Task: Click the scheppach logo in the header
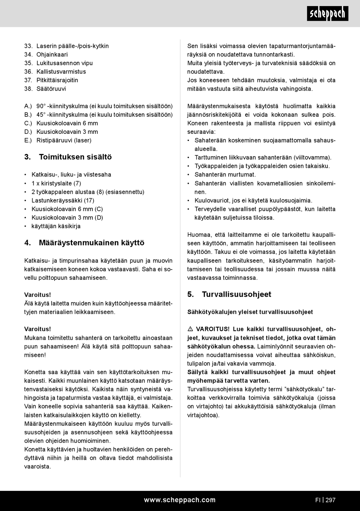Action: [x=327, y=14]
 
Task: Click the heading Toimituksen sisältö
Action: [x=75, y=157]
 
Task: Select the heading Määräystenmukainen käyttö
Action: [x=91, y=243]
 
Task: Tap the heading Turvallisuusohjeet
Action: [x=236, y=295]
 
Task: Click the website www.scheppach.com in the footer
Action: [x=180, y=500]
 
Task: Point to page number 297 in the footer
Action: [x=330, y=500]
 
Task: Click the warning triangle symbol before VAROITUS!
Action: [x=190, y=329]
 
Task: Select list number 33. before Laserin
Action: [x=28, y=46]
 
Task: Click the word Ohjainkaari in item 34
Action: [x=52, y=55]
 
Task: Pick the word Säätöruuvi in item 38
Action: [x=51, y=89]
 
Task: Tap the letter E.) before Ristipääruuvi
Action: [x=28, y=140]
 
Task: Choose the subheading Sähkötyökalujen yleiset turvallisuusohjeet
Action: [x=250, y=312]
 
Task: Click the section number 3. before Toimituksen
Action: [x=27, y=157]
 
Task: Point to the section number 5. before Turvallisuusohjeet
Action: [x=191, y=295]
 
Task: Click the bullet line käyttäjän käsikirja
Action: [x=56, y=226]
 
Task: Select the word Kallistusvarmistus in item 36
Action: [x=61, y=72]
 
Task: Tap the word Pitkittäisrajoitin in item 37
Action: [x=57, y=80]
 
